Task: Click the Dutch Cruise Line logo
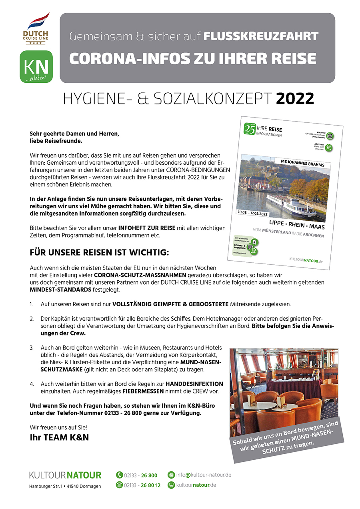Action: (36, 29)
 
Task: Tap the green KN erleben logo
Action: (36, 67)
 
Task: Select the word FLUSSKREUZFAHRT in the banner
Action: (261, 37)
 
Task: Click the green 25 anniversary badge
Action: (250, 129)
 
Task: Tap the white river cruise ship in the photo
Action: (291, 205)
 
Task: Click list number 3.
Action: (32, 348)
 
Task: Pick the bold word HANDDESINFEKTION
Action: (194, 384)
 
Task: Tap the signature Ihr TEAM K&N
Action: (59, 437)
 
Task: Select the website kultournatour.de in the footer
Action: (196, 485)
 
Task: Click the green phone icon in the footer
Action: (119, 475)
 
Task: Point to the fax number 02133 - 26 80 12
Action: (142, 485)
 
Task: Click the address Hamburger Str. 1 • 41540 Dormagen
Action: (65, 486)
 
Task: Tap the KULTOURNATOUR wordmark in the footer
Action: (65, 475)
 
